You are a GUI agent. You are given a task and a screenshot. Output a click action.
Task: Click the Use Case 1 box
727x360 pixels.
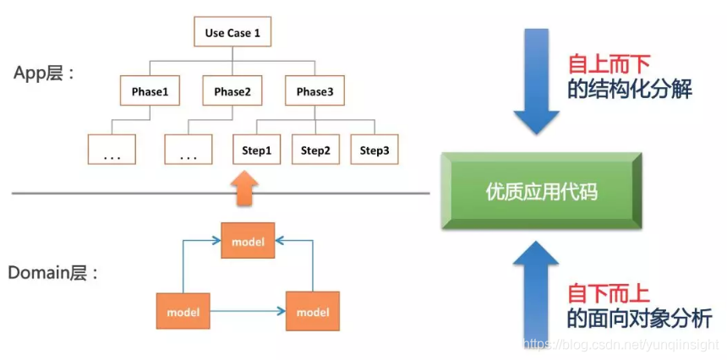pos(232,34)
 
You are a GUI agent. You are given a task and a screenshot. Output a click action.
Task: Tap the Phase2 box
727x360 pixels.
pos(232,91)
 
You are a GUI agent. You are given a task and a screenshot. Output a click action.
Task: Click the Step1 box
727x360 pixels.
pos(256,150)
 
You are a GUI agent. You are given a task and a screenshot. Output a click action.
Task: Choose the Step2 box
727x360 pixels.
pos(315,150)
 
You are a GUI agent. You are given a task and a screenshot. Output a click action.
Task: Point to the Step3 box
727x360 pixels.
pos(374,150)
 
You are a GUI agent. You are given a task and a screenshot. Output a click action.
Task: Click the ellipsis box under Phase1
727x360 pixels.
pos(113,151)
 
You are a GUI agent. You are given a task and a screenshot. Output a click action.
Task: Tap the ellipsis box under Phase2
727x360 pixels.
pos(189,151)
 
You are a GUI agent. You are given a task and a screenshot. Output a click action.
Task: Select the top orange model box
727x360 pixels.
pos(248,243)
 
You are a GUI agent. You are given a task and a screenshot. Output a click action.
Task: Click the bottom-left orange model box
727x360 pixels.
pos(183,312)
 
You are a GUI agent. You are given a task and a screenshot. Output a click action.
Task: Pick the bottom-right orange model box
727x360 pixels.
pos(313,312)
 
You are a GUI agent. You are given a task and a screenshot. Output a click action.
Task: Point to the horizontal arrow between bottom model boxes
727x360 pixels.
pos(248,312)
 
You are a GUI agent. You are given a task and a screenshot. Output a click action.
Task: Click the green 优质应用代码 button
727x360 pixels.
pos(542,192)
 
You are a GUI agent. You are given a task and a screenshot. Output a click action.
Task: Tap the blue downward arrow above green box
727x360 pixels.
pos(533,80)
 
